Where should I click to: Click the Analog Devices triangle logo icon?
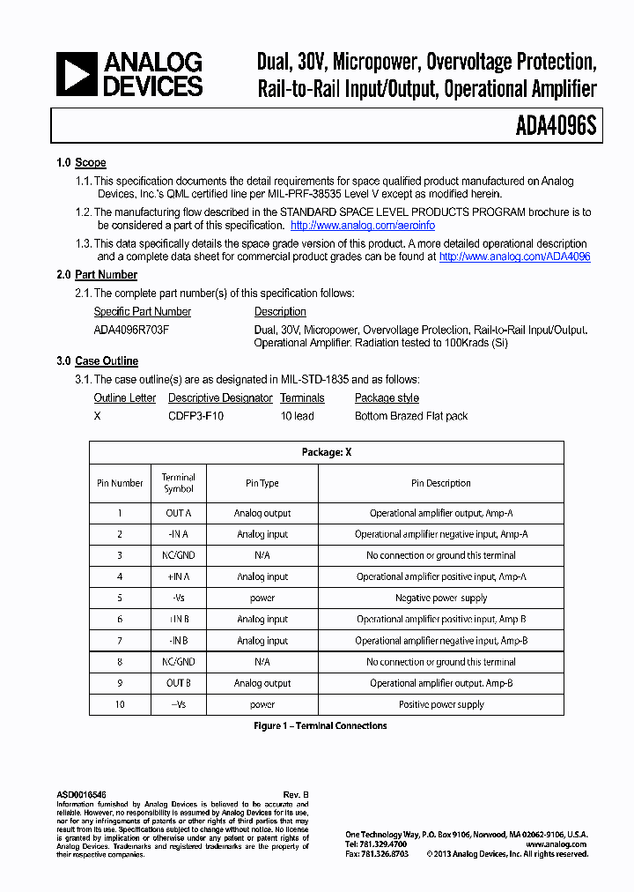coord(76,74)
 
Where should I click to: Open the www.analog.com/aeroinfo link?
coord(362,226)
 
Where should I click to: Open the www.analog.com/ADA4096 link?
coord(514,256)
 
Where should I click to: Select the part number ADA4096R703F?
coord(131,330)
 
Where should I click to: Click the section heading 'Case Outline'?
coord(107,361)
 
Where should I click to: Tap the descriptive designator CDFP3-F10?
coord(195,416)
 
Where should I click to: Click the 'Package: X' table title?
coord(327,452)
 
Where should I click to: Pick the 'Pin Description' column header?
coord(440,483)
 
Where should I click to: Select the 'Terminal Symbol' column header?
coord(178,483)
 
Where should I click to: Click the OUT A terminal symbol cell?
coord(178,513)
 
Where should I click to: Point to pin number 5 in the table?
coord(120,598)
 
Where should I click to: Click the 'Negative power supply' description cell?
coord(440,598)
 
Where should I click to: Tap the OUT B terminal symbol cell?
coord(178,683)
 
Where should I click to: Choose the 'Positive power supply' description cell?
coord(440,704)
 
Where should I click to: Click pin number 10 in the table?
coord(120,704)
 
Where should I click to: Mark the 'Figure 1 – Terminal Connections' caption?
coord(321,726)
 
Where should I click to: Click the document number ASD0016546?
coord(81,795)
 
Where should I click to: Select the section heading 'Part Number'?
coord(106,275)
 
